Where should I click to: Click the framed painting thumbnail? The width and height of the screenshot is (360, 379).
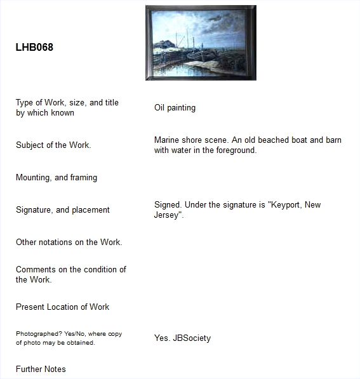(x=200, y=43)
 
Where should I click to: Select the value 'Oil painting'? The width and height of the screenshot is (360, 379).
(x=175, y=108)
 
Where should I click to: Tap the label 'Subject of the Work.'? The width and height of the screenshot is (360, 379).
(x=53, y=145)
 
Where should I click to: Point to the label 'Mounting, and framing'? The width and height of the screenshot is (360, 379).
(x=57, y=178)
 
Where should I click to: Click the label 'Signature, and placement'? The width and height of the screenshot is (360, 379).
(x=63, y=210)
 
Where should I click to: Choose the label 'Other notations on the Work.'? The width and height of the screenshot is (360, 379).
(x=69, y=243)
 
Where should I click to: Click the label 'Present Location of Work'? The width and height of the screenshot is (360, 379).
(x=62, y=307)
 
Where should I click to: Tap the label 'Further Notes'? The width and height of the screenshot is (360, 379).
(x=41, y=369)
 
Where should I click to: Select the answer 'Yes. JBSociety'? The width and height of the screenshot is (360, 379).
(x=182, y=338)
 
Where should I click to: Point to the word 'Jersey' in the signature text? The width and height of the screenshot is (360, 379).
(x=167, y=215)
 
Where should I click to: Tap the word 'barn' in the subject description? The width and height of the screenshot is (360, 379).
(x=333, y=140)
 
